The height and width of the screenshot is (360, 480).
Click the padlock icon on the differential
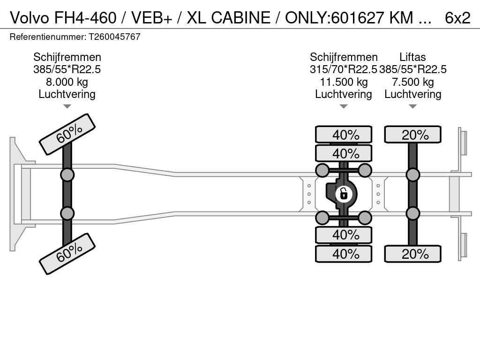pyautogui.click(x=344, y=193)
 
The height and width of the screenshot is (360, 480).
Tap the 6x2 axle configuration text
pyautogui.click(x=457, y=18)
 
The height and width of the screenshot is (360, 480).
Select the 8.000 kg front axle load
pyautogui.click(x=67, y=82)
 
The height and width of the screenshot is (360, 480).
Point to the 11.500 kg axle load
pyautogui.click(x=344, y=82)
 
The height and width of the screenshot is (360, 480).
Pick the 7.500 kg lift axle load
pyautogui.click(x=413, y=82)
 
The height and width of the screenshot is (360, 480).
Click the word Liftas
pyautogui.click(x=413, y=57)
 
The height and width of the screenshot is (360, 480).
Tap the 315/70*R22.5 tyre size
pyautogui.click(x=344, y=70)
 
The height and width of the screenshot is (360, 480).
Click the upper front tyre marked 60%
pyautogui.click(x=67, y=134)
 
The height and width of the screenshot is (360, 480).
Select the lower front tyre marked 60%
pyautogui.click(x=67, y=254)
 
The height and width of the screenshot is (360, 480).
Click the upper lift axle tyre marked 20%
pyautogui.click(x=413, y=135)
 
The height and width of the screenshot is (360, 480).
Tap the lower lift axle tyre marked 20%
pyautogui.click(x=413, y=254)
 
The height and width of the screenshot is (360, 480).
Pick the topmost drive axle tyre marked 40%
pyautogui.click(x=344, y=135)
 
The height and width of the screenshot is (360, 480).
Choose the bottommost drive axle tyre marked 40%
pyautogui.click(x=344, y=254)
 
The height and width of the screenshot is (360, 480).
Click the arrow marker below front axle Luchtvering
pyautogui.click(x=67, y=106)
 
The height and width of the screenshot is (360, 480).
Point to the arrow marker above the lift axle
pyautogui.click(x=413, y=106)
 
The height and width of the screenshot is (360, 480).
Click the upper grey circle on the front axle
pyautogui.click(x=67, y=175)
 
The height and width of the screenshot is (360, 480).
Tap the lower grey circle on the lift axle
pyautogui.click(x=413, y=213)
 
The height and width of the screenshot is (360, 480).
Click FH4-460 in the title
pyautogui.click(x=84, y=18)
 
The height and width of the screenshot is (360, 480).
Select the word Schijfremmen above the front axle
pyautogui.click(x=67, y=57)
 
